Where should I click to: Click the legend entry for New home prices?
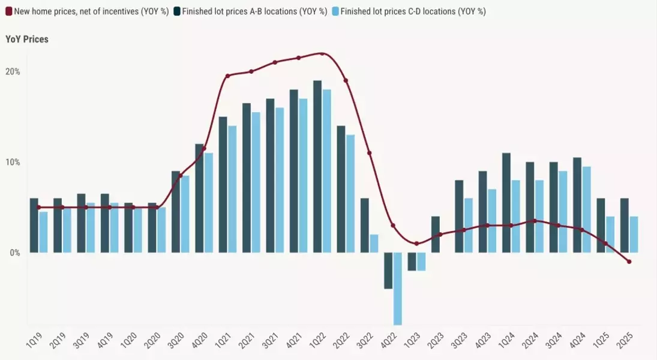87,11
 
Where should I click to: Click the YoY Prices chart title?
27,39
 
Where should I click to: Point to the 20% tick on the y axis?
13,71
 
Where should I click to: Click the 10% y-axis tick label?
13,162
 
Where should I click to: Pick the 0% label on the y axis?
14,253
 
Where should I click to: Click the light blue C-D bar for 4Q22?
398,289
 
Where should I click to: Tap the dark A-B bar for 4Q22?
388,271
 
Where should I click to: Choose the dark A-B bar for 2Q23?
436,235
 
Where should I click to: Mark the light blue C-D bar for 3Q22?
374,244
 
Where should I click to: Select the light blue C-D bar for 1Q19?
43,232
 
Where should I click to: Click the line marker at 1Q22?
322,53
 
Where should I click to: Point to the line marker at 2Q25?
629,262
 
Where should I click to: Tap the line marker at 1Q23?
416,244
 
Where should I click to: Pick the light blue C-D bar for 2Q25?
634,235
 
